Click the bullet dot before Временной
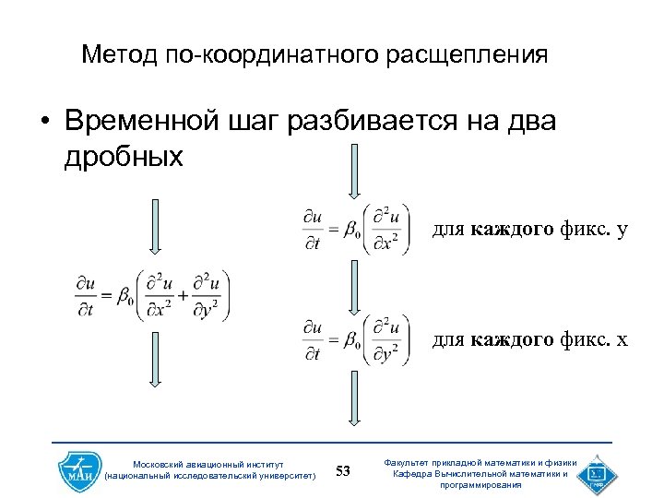tap(41, 123)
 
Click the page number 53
tap(343, 472)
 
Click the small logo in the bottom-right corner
tap(595, 473)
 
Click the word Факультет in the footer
tap(421, 463)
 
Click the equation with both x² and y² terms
tap(152, 296)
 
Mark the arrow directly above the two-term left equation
tap(155, 226)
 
